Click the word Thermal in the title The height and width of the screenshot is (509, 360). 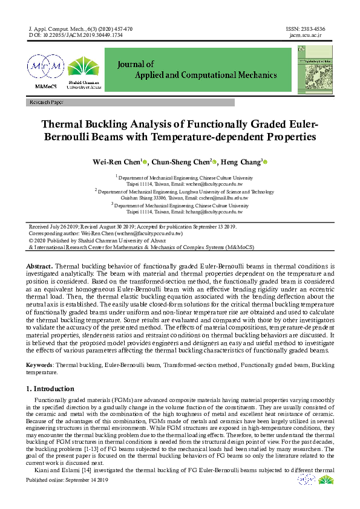point(66,125)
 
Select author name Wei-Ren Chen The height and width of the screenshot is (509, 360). point(116,162)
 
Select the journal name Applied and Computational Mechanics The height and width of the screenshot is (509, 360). point(197,76)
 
